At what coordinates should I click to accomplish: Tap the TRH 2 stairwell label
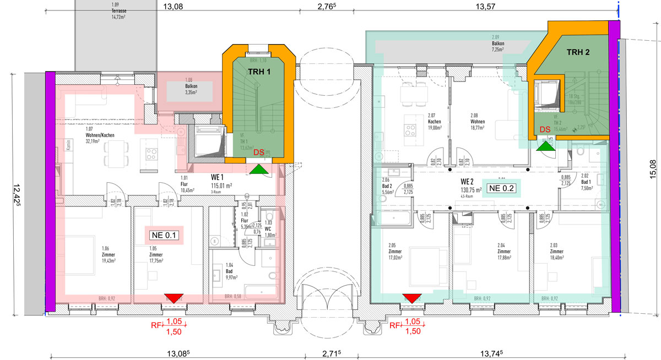(578, 52)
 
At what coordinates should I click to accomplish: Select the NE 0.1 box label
(164, 235)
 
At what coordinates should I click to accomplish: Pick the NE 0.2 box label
(502, 188)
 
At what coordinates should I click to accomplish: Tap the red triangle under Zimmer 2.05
(412, 298)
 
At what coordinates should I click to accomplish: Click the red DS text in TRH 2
(545, 129)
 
